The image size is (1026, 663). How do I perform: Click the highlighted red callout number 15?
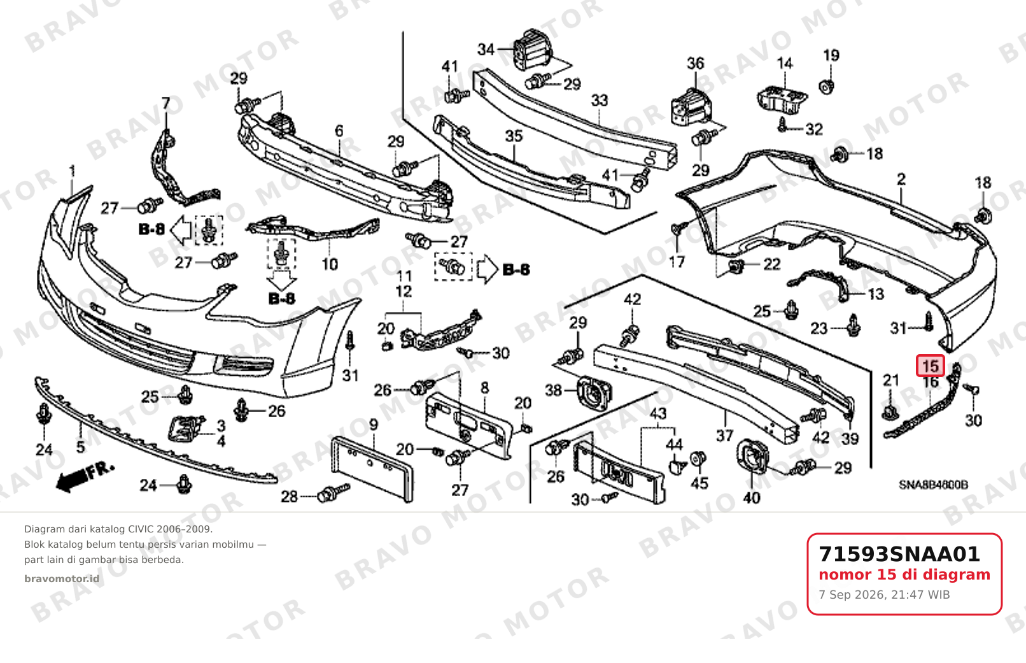pos(930,366)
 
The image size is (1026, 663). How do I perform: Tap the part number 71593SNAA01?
pos(899,554)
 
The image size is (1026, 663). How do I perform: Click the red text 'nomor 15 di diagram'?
pos(904,574)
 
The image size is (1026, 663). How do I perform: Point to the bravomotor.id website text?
pos(62,579)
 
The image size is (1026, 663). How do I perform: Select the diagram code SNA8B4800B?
pos(934,485)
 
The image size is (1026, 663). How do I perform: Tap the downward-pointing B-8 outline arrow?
pos(281,280)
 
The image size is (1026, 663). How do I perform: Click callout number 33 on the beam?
pos(599,101)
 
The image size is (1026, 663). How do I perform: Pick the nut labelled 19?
pos(826,86)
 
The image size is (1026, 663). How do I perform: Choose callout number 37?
pos(724,436)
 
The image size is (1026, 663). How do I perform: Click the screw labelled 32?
pos(782,125)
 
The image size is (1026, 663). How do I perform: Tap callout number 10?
pos(330,264)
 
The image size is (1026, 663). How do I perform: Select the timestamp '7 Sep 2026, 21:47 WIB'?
pos(884,595)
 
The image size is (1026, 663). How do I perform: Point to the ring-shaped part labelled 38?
pos(594,393)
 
